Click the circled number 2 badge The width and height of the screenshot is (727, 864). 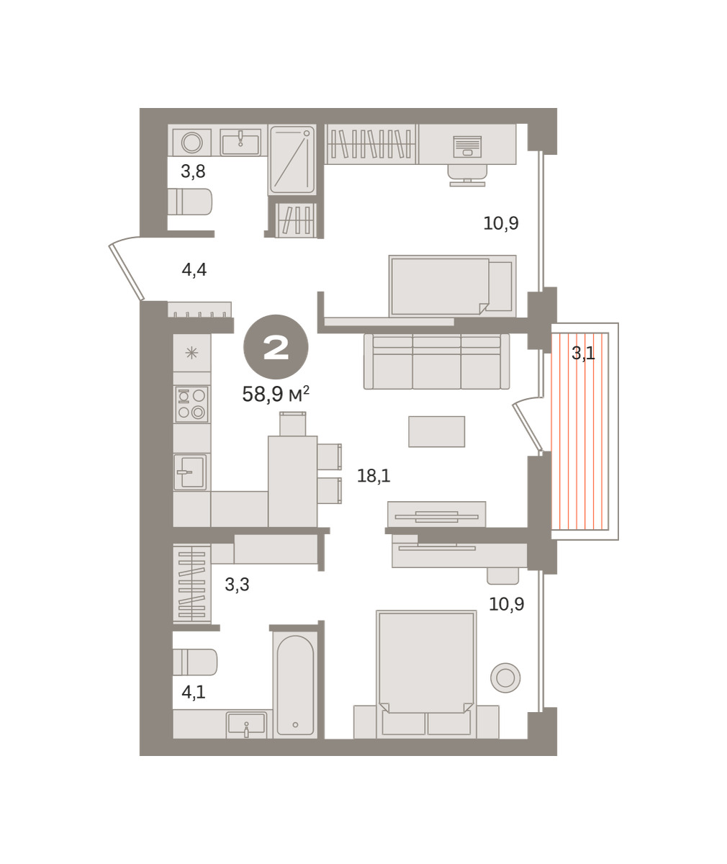[276, 347]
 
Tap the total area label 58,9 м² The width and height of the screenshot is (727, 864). [276, 394]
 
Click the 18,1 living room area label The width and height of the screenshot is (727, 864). [374, 476]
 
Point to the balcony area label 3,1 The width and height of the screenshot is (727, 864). [583, 353]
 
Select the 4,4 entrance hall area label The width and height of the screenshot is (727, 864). [194, 270]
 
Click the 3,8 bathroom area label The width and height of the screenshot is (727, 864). [193, 171]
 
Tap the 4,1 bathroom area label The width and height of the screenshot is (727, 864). [193, 692]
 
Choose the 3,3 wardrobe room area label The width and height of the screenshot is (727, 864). [237, 584]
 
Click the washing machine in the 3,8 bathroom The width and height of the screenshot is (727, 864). [192, 143]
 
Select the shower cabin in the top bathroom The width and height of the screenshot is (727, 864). [292, 160]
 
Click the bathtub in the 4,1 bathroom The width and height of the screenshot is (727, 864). [295, 685]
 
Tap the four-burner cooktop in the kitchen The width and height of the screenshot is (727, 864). [191, 404]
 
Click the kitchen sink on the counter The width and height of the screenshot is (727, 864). [190, 472]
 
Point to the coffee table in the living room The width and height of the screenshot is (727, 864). [436, 431]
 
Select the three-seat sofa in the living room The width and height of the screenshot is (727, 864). [436, 361]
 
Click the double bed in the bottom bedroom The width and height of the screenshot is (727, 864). [426, 675]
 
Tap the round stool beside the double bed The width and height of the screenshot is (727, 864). [505, 678]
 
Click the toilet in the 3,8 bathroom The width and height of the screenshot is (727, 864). [190, 202]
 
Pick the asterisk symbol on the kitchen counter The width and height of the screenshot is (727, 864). [191, 353]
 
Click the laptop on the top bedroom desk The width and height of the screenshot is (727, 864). [467, 147]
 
